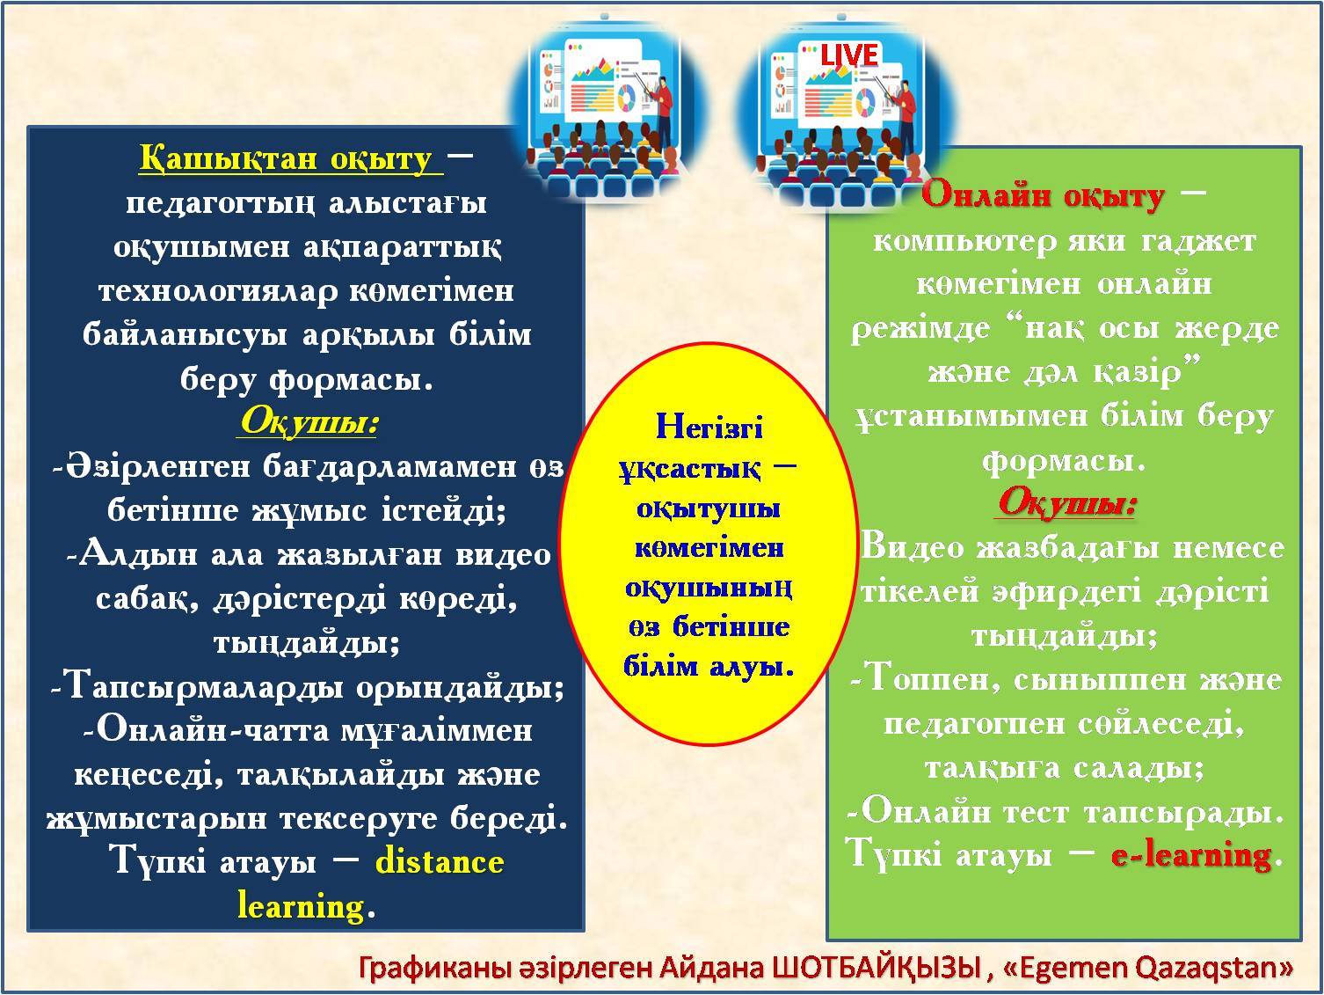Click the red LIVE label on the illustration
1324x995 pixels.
click(x=849, y=55)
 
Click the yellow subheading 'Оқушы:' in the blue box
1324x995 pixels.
click(x=308, y=421)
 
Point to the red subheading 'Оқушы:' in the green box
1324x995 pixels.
click(x=1066, y=503)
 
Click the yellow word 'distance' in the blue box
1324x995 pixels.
click(x=440, y=861)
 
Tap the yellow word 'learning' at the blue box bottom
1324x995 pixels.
click(x=301, y=905)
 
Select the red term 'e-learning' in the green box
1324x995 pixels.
click(x=1191, y=854)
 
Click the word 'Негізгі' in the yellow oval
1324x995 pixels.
click(x=709, y=428)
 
